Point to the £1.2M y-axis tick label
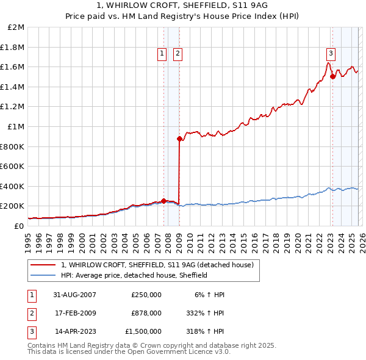13,107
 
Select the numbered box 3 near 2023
331,53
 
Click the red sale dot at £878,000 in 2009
179,139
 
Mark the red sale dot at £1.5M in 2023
332,77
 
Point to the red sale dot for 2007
163,201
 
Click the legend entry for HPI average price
134,275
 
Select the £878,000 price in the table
146,313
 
